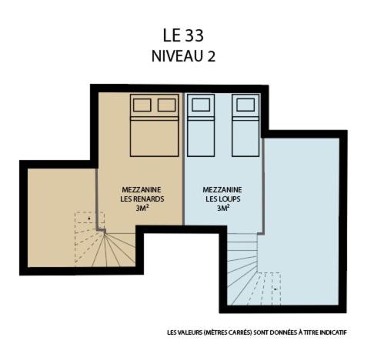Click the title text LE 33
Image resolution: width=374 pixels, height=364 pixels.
pyautogui.click(x=183, y=35)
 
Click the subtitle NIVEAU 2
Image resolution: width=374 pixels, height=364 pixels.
pyautogui.click(x=183, y=56)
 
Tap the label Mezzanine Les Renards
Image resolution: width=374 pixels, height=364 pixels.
pyautogui.click(x=142, y=194)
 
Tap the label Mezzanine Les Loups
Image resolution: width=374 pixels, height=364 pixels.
pyautogui.click(x=222, y=194)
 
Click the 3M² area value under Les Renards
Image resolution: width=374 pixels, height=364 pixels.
pyautogui.click(x=142, y=208)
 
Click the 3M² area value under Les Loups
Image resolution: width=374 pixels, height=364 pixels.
pyautogui.click(x=223, y=208)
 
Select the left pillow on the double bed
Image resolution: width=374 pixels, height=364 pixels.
pyautogui.click(x=142, y=105)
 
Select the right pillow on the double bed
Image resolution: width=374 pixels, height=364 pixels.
pyautogui.click(x=166, y=105)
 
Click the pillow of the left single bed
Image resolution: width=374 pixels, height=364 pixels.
pyautogui.click(x=201, y=105)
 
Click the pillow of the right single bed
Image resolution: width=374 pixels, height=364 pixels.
pyautogui.click(x=245, y=105)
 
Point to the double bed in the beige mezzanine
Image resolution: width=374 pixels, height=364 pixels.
pyautogui.click(x=154, y=125)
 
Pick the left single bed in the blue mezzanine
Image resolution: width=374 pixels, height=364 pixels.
pyautogui.click(x=201, y=125)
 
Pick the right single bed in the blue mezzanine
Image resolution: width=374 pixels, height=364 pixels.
pyautogui.click(x=245, y=125)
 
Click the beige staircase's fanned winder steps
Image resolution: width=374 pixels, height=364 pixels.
pyautogui.click(x=113, y=249)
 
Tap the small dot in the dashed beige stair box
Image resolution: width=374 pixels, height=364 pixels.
pyautogui.click(x=89, y=219)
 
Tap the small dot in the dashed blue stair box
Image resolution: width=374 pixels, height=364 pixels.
pyautogui.click(x=275, y=289)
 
